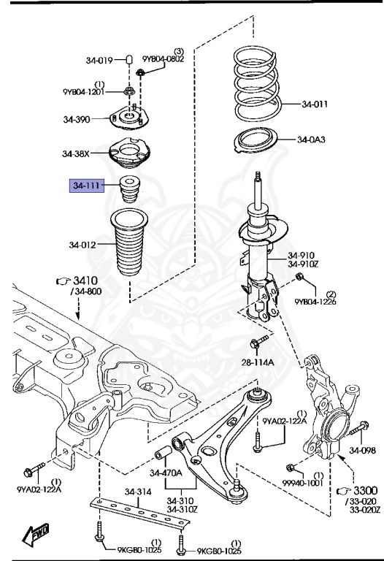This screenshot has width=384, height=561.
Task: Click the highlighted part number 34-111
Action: coord(87,186)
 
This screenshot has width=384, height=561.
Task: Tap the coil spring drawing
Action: coord(256,85)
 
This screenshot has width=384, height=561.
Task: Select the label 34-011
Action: coord(315,104)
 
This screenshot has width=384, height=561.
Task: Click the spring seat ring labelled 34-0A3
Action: coord(256,140)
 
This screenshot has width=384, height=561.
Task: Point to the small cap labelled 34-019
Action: coord(129,59)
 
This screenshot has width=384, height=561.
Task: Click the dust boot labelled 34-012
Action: coord(129,243)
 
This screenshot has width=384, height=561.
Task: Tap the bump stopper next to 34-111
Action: coord(129,189)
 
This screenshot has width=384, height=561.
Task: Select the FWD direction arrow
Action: coord(36,535)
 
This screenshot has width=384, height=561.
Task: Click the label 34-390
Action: coord(77,119)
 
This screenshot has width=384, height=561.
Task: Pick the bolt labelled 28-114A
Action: coord(259,341)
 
